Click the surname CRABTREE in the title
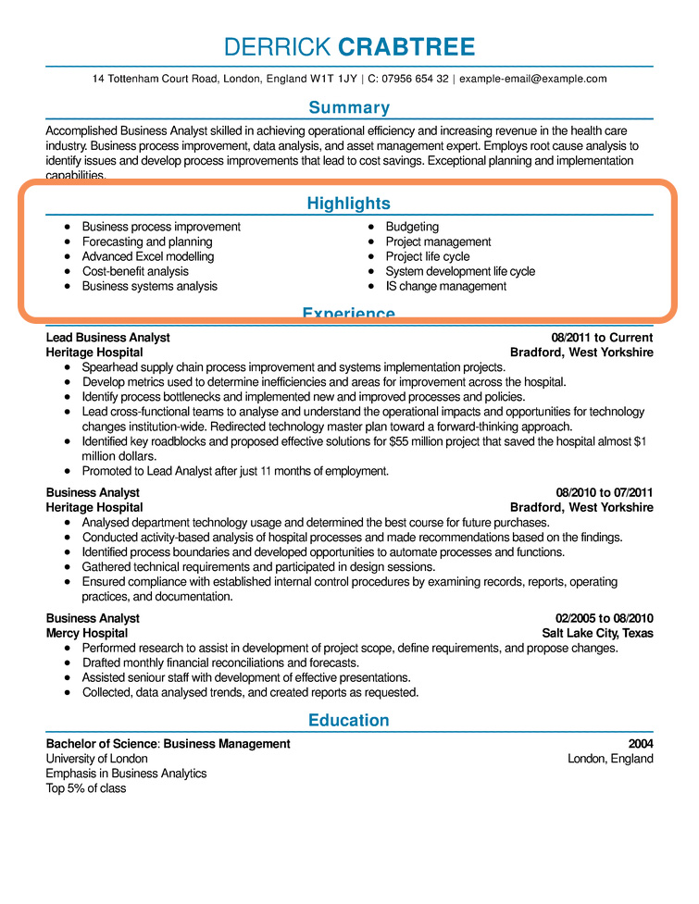[406, 47]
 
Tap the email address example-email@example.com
[533, 79]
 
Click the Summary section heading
[349, 107]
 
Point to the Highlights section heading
[349, 204]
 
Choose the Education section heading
[349, 720]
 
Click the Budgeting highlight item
[412, 227]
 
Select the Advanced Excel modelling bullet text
[147, 256]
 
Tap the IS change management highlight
[445, 286]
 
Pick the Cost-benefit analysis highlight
[135, 271]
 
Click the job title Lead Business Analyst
[108, 338]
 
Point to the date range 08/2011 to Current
[602, 338]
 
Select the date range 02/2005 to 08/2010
[605, 618]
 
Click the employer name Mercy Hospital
[87, 633]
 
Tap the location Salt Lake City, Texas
[597, 633]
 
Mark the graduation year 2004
[640, 744]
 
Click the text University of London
[96, 759]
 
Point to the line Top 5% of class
[86, 788]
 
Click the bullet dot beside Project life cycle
[371, 256]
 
